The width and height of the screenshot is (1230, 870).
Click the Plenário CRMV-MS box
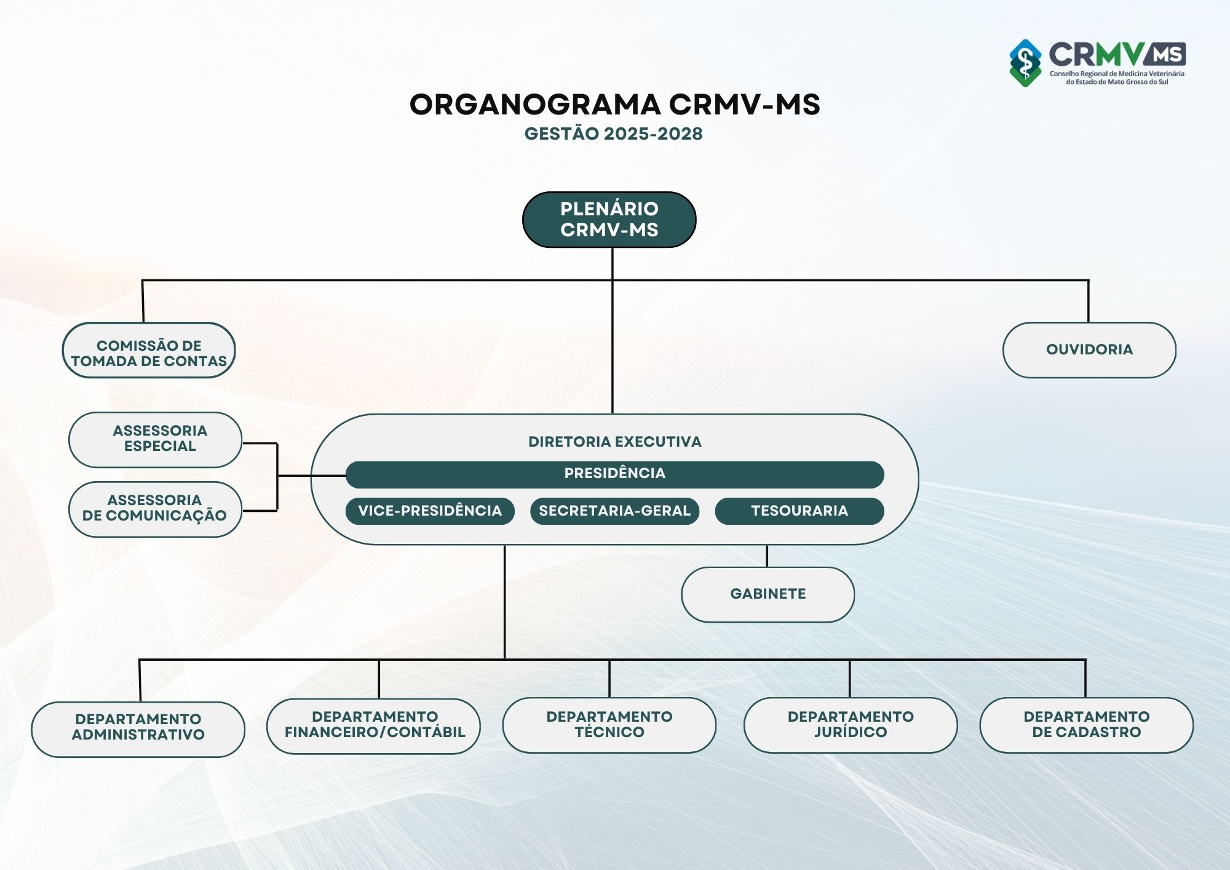point(609,220)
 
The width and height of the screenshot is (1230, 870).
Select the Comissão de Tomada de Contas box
point(149,350)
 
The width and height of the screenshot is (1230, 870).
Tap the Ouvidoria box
point(1089,350)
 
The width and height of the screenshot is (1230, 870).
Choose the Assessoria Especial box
point(156,439)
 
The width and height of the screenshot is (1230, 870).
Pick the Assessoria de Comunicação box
point(155,509)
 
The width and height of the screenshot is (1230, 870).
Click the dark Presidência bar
point(614,474)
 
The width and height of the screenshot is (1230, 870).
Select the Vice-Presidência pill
point(430,511)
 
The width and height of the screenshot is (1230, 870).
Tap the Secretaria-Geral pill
point(614,511)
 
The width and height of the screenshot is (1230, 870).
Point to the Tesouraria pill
point(799,511)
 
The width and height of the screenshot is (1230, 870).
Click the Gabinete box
point(768,594)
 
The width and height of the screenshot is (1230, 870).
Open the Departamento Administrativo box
point(138,728)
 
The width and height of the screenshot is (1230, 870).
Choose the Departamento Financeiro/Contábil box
point(374,725)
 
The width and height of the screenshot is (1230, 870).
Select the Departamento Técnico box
point(609,725)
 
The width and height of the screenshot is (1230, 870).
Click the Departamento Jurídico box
point(851,725)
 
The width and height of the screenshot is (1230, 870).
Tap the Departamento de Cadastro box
point(1086,725)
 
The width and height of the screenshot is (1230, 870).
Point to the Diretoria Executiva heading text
point(614,442)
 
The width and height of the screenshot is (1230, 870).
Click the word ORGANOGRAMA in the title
point(535,105)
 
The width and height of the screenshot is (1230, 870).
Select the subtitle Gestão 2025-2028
point(613,134)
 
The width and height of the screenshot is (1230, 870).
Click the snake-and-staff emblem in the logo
point(1025,63)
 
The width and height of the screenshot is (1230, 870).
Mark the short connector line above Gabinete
point(767,556)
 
